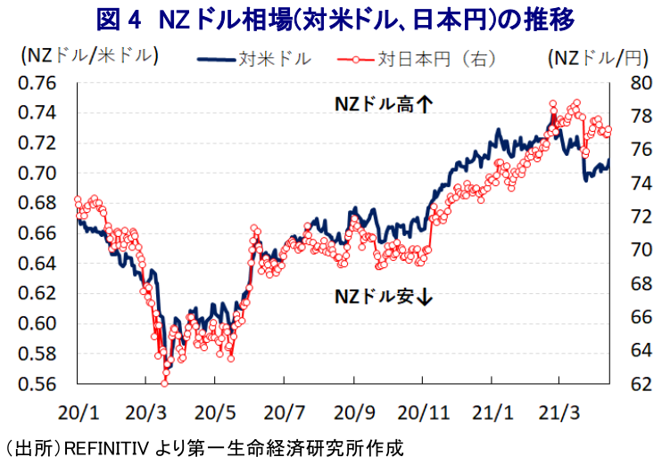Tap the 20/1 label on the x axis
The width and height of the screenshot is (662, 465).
click(77, 412)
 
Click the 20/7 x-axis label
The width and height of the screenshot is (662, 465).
click(284, 412)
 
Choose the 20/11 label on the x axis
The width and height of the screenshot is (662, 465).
click(422, 412)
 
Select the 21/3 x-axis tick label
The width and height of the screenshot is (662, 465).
click(559, 412)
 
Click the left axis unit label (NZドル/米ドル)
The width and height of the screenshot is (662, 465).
click(88, 57)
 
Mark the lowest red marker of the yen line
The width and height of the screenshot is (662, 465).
click(164, 383)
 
